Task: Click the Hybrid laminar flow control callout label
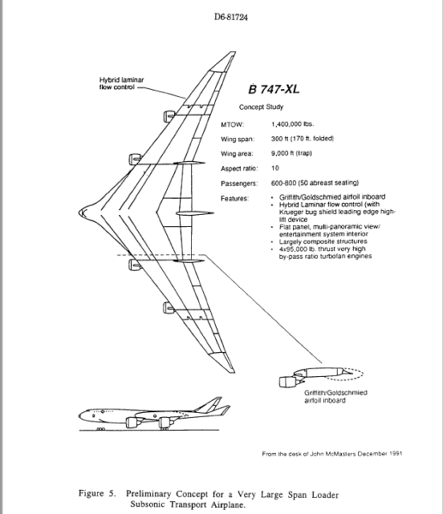(x=124, y=83)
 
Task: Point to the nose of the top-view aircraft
(x=79, y=210)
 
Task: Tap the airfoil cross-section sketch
(x=330, y=374)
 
